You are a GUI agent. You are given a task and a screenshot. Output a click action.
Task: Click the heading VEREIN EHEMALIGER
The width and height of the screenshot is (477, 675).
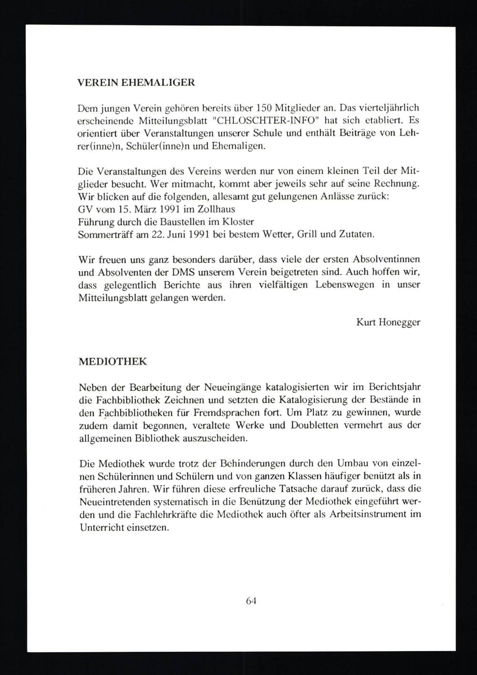pyautogui.click(x=136, y=82)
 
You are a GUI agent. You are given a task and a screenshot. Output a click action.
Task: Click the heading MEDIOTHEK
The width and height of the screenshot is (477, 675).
pyautogui.click(x=112, y=361)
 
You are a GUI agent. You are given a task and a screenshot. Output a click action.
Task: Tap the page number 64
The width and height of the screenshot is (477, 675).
pyautogui.click(x=251, y=601)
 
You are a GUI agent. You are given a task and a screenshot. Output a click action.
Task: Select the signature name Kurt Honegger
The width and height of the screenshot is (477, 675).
pyautogui.click(x=388, y=322)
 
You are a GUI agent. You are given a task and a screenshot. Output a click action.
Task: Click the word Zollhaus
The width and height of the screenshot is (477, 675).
pyautogui.click(x=218, y=209)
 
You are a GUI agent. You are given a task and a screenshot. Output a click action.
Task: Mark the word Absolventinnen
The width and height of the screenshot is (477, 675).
pyautogui.click(x=386, y=259)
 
